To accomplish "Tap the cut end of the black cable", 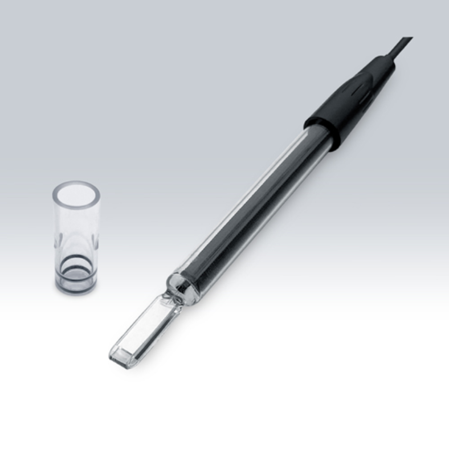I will (x=410, y=39).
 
